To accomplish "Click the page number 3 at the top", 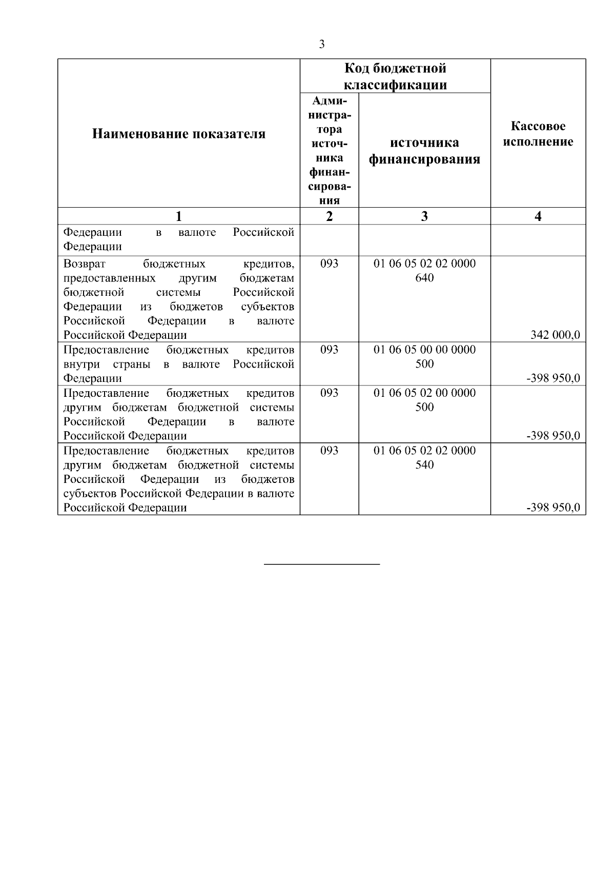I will click(x=321, y=45).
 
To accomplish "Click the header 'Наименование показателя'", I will click(x=178, y=134).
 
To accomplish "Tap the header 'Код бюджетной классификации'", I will click(x=395, y=76).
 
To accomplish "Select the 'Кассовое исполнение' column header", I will click(x=538, y=134).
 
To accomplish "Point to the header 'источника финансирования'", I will click(x=424, y=151).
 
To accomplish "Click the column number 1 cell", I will click(x=178, y=216).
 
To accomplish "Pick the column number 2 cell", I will click(x=329, y=216).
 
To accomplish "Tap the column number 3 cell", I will click(x=424, y=216).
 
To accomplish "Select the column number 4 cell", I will click(x=538, y=216).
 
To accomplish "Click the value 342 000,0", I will click(x=555, y=335).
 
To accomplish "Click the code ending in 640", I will click(x=424, y=278).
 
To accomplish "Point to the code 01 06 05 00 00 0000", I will click(x=424, y=350).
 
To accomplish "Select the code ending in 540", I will click(x=424, y=465).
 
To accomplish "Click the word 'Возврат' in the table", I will click(x=85, y=264).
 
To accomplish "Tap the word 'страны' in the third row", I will click(x=132, y=365).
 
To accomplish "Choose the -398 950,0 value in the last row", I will click(x=553, y=508).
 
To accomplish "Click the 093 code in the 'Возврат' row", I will click(x=329, y=264).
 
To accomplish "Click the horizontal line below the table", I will click(x=321, y=564).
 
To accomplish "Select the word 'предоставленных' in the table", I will click(x=109, y=278).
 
